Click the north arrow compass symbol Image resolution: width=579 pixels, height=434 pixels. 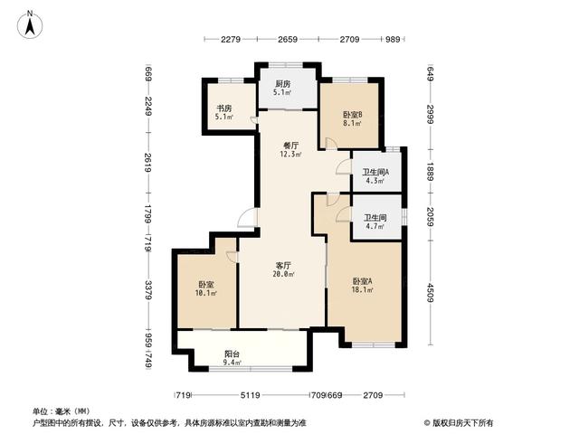pyautogui.click(x=30, y=25)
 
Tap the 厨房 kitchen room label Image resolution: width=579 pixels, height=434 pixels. pyautogui.click(x=282, y=84)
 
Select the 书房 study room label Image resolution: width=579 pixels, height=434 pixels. pyautogui.click(x=224, y=108)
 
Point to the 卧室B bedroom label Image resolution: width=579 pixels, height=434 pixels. pyautogui.click(x=352, y=115)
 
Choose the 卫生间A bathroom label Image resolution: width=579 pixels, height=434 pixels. pyautogui.click(x=375, y=172)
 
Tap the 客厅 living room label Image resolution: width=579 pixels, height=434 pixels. pyautogui.click(x=283, y=265)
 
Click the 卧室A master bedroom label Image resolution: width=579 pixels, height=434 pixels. pyautogui.click(x=363, y=281)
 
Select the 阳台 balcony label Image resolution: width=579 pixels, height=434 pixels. pyautogui.click(x=232, y=354)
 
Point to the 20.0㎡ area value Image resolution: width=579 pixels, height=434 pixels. pyautogui.click(x=283, y=274)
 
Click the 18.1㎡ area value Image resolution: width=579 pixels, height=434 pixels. pyautogui.click(x=363, y=290)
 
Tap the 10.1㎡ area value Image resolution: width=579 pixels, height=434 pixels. pyautogui.click(x=206, y=293)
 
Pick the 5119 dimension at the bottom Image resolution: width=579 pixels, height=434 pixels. pyautogui.click(x=250, y=395)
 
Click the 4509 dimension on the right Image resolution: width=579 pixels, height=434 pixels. pyautogui.click(x=430, y=293)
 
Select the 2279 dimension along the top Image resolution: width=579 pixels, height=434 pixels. pyautogui.click(x=231, y=39)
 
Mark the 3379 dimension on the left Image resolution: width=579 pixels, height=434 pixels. pyautogui.click(x=148, y=290)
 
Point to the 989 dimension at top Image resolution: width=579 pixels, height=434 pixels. pyautogui.click(x=393, y=39)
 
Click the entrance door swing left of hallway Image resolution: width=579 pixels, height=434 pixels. pyautogui.click(x=247, y=218)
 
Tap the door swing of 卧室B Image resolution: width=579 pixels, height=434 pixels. pyautogui.click(x=331, y=143)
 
